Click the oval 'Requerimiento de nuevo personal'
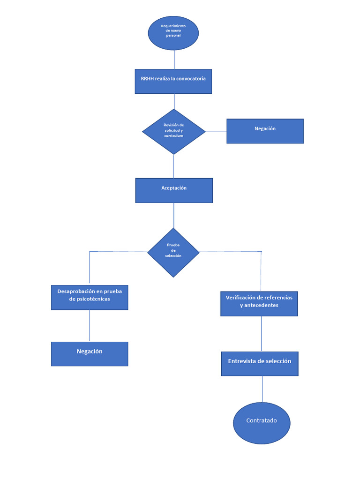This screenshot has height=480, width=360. coord(173,33)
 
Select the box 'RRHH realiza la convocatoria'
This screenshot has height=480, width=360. coord(173,82)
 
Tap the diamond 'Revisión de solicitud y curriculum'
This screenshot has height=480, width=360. coord(174,132)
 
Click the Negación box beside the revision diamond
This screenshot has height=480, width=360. coord(265,131)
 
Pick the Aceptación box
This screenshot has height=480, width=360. coord(174,190)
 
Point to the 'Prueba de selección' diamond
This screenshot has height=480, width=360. coord(173,252)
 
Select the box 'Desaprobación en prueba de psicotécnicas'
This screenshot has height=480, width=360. coord(90,297)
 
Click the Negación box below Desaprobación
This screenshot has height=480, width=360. coord(90,354)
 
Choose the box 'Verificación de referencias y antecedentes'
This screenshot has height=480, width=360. coord(259,303)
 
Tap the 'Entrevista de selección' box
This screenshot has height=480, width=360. coord(260,364)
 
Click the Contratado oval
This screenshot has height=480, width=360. coord(262,423)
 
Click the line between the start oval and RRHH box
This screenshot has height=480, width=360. coord(174,60)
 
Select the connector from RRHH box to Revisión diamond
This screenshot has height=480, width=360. coord(174,102)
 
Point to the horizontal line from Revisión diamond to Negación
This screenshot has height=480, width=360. coord(216,132)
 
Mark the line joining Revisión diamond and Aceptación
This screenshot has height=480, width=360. coord(173,166)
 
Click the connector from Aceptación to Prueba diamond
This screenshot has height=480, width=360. coord(174,216)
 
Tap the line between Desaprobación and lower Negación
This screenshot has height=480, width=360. coord(90,326)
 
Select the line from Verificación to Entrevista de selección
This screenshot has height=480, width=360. coord(261,334)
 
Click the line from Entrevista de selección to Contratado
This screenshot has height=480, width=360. coord(262,389)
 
